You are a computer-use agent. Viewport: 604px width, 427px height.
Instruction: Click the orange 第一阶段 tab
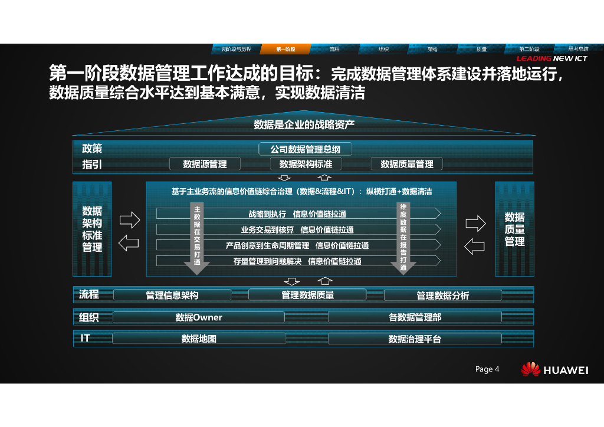coord(285,49)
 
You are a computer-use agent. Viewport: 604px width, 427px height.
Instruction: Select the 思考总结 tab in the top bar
coord(578,49)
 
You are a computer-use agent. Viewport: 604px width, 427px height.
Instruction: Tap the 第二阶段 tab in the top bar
coord(529,49)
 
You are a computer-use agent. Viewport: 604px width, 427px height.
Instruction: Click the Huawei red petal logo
coord(530,369)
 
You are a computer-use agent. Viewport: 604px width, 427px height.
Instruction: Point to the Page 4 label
coord(487,369)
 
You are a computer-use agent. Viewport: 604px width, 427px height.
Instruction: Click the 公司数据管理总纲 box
coord(306,149)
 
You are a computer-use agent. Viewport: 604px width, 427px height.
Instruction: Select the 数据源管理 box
coord(205,164)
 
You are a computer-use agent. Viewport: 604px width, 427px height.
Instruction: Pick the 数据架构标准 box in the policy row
coord(306,164)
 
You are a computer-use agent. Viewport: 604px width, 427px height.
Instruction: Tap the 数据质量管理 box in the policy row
coord(406,164)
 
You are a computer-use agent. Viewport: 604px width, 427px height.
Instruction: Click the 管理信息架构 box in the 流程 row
coord(172,295)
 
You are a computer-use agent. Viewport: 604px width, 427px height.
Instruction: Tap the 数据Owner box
coord(199,317)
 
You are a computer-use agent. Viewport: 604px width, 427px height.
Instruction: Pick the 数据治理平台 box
coord(415,339)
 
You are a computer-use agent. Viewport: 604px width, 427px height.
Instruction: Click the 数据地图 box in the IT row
coord(199,339)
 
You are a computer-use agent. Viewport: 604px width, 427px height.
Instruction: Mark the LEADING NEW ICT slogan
coord(552,58)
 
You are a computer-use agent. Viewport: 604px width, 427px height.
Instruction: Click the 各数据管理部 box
coord(415,317)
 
